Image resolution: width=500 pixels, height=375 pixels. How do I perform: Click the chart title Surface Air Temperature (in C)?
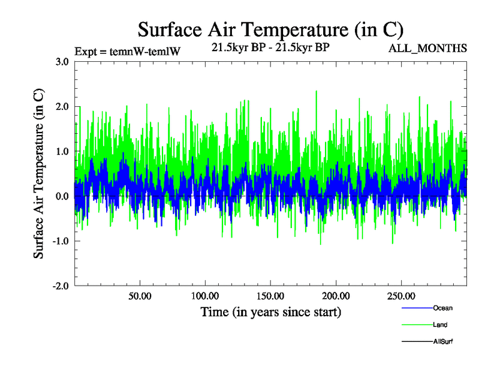[x=270, y=29]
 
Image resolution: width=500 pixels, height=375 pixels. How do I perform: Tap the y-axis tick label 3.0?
[x=62, y=61]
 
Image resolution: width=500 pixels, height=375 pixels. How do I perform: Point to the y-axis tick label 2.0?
[x=62, y=106]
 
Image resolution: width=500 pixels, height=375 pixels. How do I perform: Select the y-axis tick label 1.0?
[x=62, y=151]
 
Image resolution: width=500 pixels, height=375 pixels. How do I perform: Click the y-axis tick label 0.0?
[x=62, y=196]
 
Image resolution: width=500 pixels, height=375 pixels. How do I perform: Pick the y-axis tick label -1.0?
[x=61, y=241]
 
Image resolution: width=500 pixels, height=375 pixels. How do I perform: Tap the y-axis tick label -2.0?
[x=61, y=286]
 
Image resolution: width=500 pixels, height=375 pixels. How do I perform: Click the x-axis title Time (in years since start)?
[x=271, y=311]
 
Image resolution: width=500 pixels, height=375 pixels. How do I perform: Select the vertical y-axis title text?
[x=39, y=174]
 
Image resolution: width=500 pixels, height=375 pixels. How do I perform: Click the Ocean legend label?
[x=442, y=308]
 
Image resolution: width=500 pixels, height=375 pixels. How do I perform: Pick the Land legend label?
[x=440, y=325]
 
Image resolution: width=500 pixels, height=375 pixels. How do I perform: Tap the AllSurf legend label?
[x=443, y=342]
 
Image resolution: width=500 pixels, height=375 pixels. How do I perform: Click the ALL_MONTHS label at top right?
[x=428, y=49]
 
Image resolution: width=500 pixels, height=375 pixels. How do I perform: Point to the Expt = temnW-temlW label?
[x=127, y=51]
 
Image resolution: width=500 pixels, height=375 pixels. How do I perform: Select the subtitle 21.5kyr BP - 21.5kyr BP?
[x=271, y=48]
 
